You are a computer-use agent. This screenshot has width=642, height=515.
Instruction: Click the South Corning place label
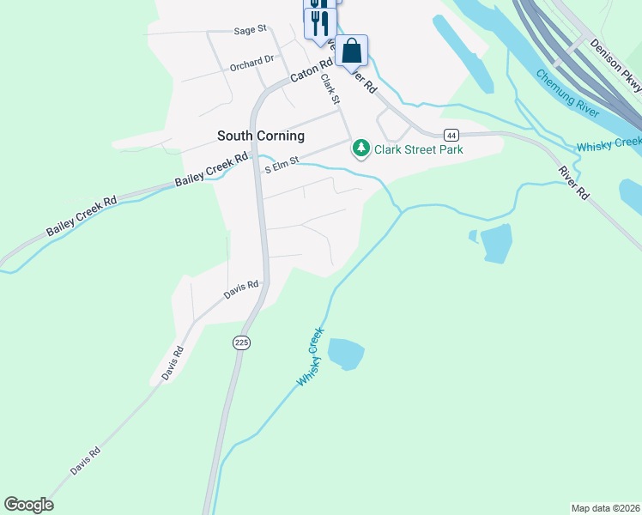(260, 136)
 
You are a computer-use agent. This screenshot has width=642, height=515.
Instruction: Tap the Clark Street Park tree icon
(361, 149)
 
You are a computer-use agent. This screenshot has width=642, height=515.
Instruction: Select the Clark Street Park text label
(418, 149)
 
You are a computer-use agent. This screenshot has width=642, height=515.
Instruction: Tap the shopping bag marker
(352, 51)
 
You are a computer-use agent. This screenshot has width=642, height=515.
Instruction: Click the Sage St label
(251, 30)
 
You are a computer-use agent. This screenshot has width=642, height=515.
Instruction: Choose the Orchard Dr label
(251, 64)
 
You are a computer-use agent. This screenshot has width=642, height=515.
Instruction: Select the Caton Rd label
(311, 70)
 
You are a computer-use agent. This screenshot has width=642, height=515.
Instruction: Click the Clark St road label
(330, 90)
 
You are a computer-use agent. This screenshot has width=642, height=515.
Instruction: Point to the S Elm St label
(282, 163)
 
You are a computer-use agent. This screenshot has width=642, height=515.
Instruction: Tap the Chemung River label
(567, 92)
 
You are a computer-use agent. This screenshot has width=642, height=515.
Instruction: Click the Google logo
(28, 505)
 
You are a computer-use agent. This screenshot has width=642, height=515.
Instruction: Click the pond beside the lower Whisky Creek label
(346, 353)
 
